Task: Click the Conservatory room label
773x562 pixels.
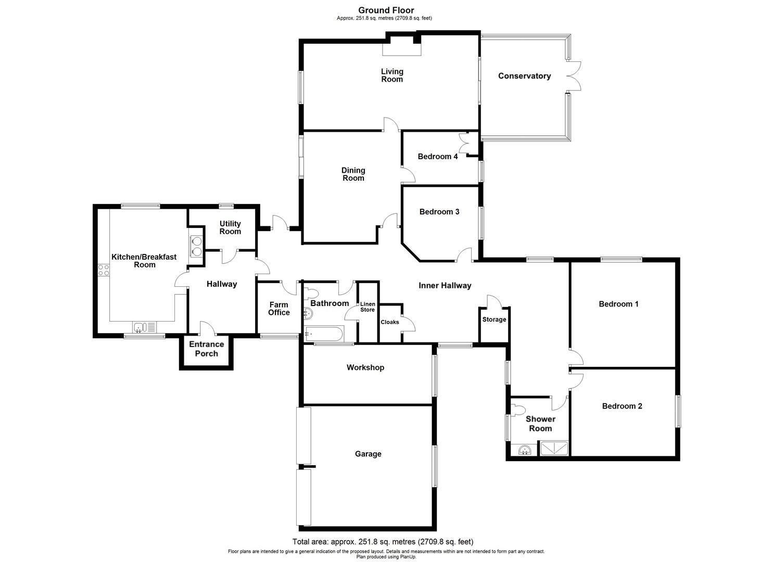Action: [524, 76]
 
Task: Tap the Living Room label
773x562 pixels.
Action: [392, 75]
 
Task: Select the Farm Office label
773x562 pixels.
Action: [279, 309]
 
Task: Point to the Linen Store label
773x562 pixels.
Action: [368, 307]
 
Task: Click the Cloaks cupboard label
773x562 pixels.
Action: [390, 322]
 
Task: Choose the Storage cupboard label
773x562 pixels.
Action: [494, 320]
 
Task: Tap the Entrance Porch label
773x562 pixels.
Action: [207, 349]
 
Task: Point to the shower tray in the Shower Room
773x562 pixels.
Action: [554, 448]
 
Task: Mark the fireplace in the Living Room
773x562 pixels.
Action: [401, 48]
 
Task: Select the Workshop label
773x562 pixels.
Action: [365, 367]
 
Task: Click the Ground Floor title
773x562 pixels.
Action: [386, 10]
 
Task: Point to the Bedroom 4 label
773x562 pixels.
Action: [438, 157]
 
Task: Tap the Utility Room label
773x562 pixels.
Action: [230, 227]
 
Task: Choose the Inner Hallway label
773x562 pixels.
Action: [445, 285]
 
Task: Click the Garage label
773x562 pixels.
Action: [368, 454]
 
